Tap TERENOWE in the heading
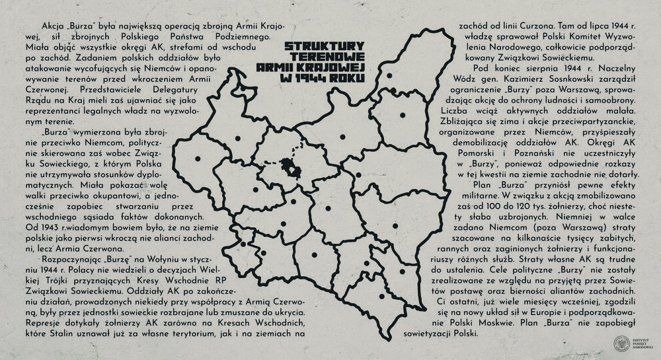327,57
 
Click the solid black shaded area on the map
289,168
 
